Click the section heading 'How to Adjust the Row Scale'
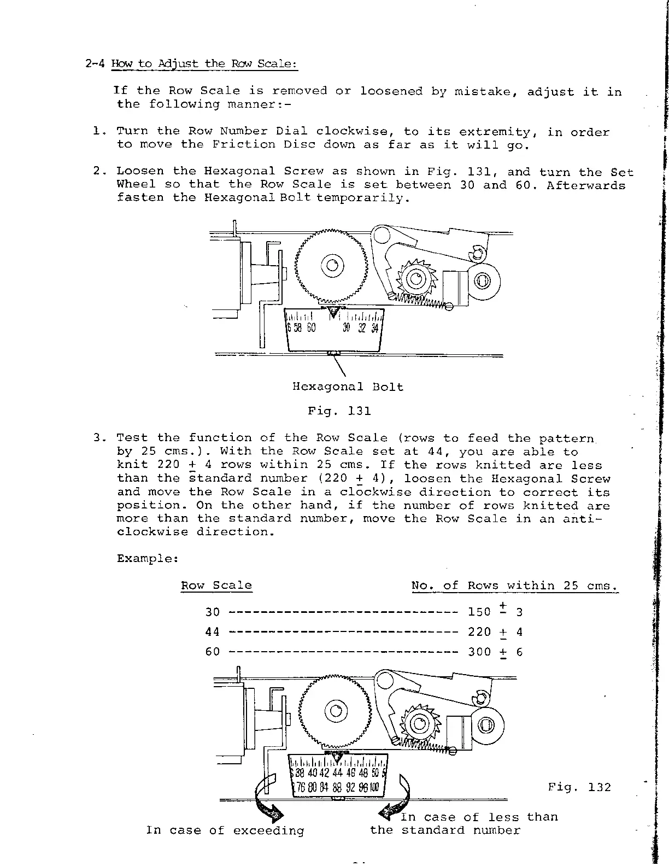point(204,63)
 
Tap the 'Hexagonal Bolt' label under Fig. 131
point(348,387)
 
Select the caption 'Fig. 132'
point(579,787)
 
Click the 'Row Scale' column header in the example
point(216,586)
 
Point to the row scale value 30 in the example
point(213,612)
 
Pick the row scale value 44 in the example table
point(213,632)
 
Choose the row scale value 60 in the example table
point(213,652)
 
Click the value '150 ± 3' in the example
point(495,612)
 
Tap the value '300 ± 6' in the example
point(495,652)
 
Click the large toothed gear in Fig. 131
point(331,266)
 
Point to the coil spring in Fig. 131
point(421,300)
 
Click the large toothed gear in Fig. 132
point(335,711)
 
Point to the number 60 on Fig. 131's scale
point(310,328)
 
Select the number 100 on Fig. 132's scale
point(373,788)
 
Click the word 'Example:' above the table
point(148,559)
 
